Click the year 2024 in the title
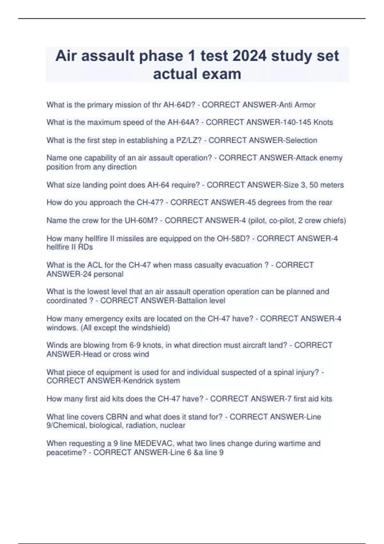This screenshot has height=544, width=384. point(250,56)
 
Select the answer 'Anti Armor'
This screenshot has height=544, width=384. point(297,105)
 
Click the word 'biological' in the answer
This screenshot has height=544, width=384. point(106,426)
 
